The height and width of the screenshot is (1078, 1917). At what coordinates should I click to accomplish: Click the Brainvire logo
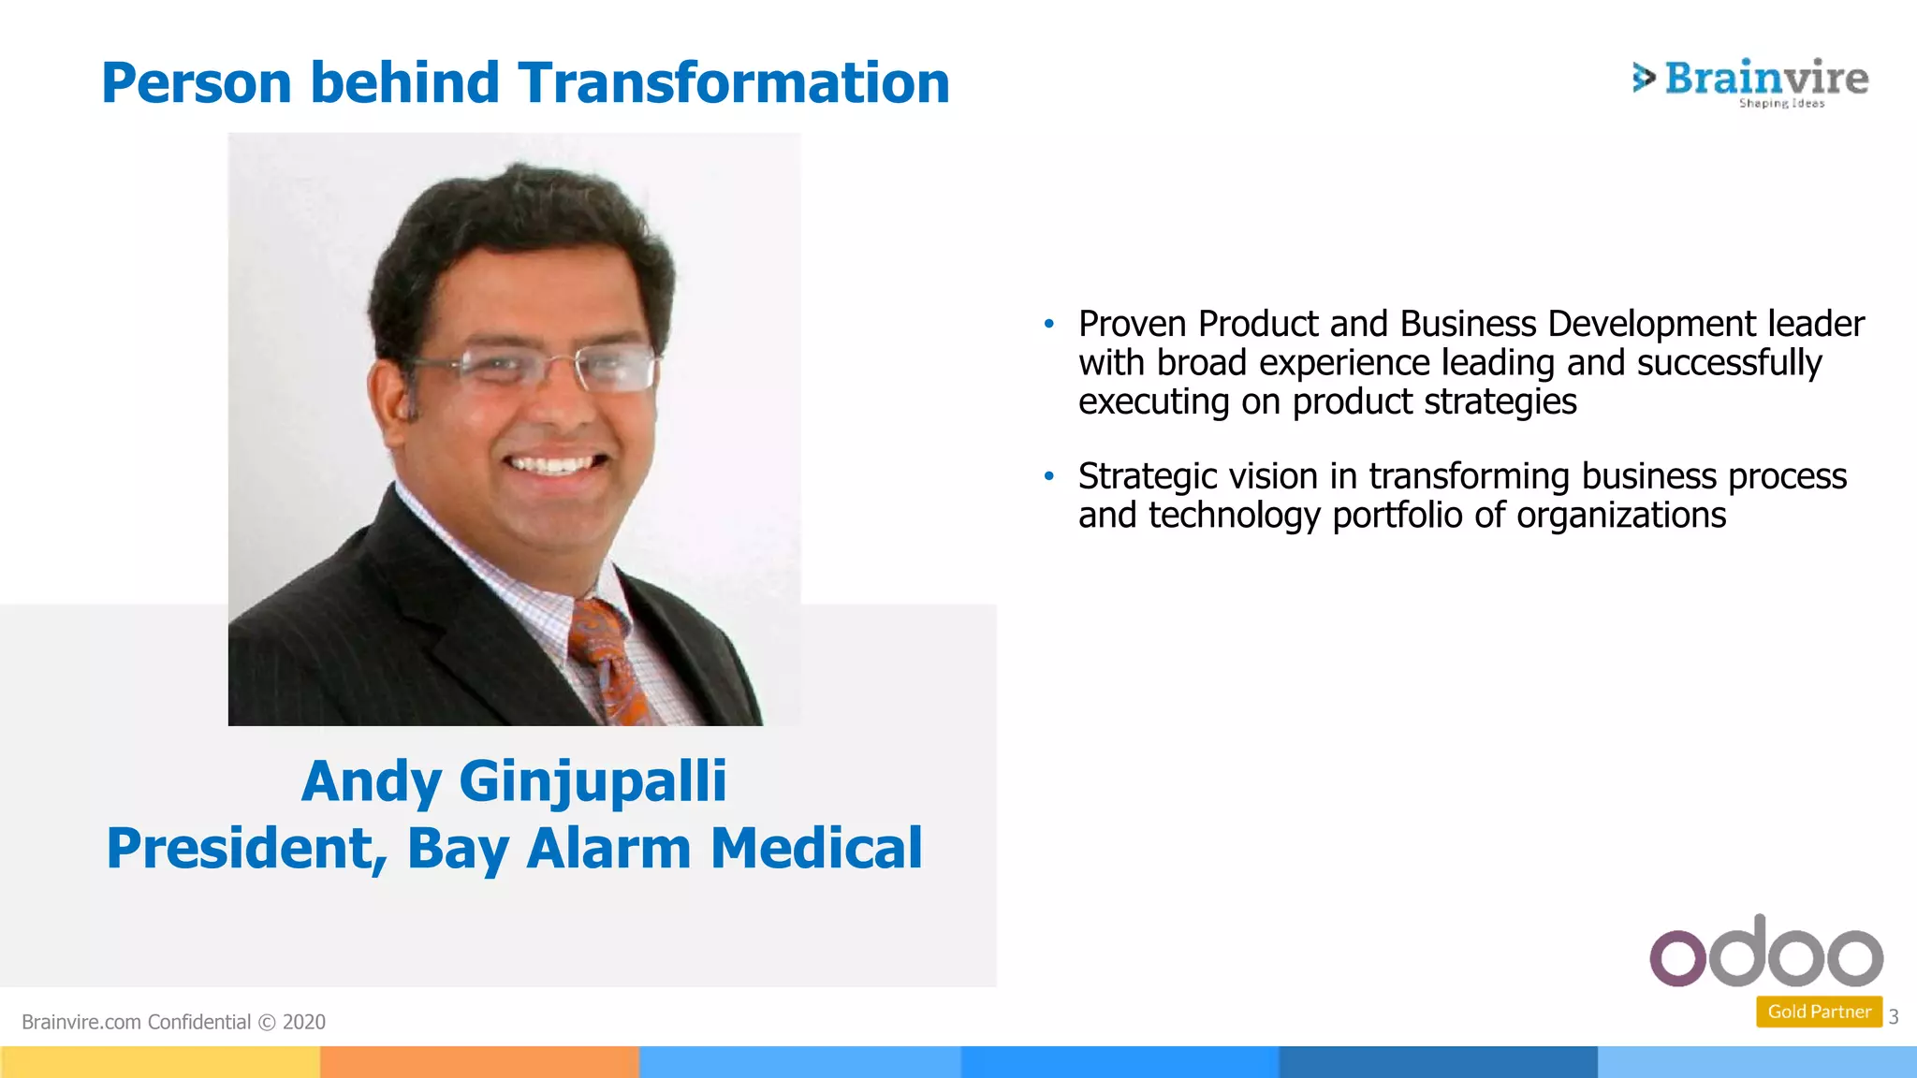[1749, 81]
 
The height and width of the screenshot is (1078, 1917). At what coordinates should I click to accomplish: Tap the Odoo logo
[1765, 953]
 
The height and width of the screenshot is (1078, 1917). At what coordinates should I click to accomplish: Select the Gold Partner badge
[1818, 1012]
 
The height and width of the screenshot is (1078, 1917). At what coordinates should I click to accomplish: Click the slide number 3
[1893, 1016]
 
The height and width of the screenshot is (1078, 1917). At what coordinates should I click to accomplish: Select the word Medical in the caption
[816, 848]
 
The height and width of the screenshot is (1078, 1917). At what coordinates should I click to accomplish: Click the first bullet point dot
[1049, 325]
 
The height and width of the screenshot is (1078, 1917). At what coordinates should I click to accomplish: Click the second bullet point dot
[1049, 477]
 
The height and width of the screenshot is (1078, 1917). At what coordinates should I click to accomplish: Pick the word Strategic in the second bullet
[1147, 477]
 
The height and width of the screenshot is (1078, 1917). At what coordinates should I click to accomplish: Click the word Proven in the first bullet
[1133, 325]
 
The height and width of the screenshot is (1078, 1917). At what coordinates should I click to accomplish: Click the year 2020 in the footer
[303, 1022]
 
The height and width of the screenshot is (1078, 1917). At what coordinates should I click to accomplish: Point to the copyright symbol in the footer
[267, 1022]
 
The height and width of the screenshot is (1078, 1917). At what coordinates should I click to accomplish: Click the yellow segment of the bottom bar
[159, 1062]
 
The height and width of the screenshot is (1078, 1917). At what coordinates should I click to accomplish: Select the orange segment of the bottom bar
[479, 1062]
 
